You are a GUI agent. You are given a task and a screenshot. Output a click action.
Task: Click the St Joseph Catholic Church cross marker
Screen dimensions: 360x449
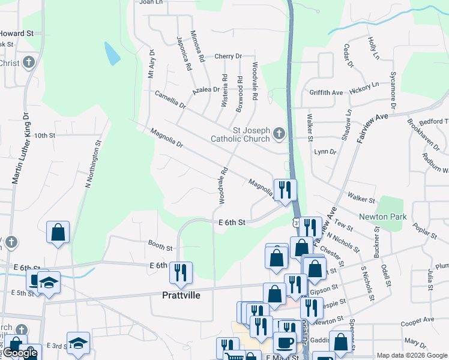click(x=279, y=134)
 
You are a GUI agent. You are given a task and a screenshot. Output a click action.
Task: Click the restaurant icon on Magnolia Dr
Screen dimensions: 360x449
click(x=285, y=190)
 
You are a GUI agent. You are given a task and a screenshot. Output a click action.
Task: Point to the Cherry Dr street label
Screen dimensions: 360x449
click(x=228, y=56)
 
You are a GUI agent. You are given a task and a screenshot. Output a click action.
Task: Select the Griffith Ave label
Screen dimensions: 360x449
click(x=326, y=93)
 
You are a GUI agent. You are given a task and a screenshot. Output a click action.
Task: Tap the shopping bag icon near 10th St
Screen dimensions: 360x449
click(x=58, y=232)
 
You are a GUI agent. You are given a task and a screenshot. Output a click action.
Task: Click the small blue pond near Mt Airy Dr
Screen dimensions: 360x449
click(x=112, y=54)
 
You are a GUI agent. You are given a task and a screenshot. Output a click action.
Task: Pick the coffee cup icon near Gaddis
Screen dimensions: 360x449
click(x=285, y=342)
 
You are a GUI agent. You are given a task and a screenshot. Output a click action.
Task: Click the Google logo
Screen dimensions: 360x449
click(x=20, y=353)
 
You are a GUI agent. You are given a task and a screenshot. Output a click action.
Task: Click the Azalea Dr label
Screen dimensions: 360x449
click(x=206, y=89)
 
